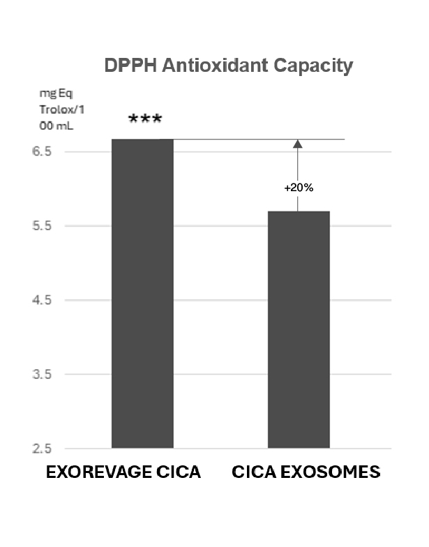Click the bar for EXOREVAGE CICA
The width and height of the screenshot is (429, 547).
142,293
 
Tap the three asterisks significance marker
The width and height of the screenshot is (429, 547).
145,120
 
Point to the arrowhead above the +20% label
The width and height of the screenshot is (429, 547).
298,144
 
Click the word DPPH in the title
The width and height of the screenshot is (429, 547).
130,66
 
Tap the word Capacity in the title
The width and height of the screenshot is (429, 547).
313,66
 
